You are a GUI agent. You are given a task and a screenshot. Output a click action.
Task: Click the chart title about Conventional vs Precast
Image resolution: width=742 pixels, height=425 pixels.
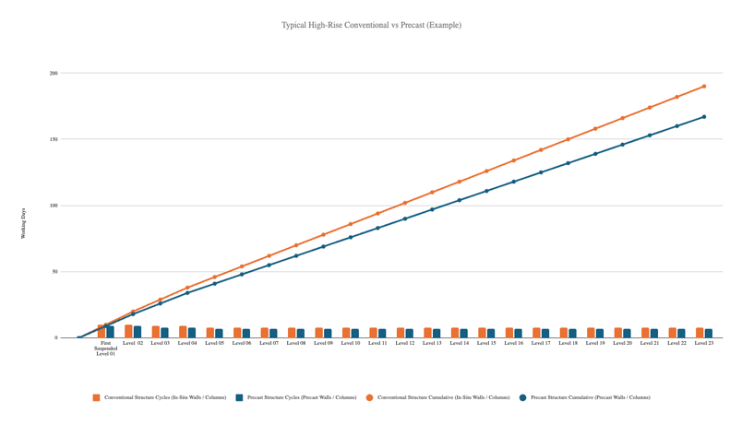(x=371, y=25)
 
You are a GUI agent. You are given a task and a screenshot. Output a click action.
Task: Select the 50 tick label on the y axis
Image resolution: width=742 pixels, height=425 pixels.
(x=54, y=272)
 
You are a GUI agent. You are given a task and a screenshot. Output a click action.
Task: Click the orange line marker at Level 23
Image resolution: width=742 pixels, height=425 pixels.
(x=704, y=87)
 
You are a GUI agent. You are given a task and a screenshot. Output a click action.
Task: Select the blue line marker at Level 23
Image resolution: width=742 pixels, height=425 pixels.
(x=704, y=117)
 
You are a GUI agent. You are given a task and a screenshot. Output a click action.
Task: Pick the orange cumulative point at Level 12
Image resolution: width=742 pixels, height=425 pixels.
(x=405, y=203)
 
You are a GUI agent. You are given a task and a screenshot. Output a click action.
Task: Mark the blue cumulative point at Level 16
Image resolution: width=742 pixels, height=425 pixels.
(x=514, y=182)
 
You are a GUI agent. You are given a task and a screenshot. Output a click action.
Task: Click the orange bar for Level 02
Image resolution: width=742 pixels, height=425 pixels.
(x=128, y=332)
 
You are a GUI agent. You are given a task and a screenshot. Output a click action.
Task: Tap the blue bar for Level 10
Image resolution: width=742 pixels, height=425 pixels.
(x=355, y=334)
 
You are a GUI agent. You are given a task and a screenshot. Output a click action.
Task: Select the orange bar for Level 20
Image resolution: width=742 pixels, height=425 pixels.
(x=618, y=333)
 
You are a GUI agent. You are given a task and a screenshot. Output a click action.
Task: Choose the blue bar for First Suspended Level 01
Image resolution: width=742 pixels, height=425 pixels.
(x=111, y=332)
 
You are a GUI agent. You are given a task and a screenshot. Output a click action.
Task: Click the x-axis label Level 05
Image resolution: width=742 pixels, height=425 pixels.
(x=215, y=343)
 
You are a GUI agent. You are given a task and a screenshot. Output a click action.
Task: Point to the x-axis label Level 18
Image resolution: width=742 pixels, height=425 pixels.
(x=568, y=343)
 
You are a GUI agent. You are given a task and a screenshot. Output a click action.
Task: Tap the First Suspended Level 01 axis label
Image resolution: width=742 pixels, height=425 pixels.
(x=106, y=348)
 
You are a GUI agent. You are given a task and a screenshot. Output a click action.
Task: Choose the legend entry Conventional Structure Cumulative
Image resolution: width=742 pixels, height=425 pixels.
(x=441, y=397)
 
